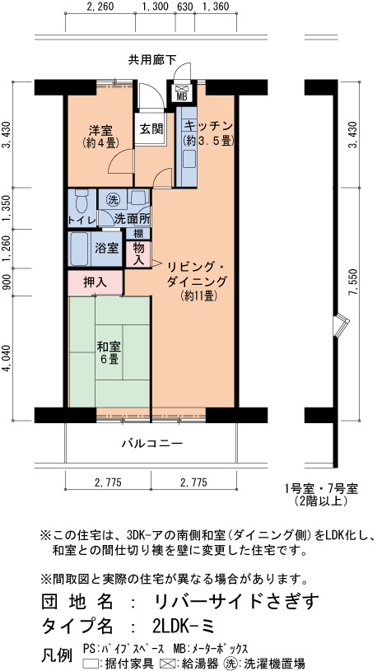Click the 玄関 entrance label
(150, 128)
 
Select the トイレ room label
(82, 221)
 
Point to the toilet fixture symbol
(81, 200)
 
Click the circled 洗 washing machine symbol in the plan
(112, 199)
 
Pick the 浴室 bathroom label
(107, 249)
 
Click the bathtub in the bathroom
(79, 249)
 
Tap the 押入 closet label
(95, 282)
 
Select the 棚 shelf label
(137, 234)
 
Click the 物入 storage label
(138, 254)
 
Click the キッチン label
(208, 126)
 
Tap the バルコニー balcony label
(152, 443)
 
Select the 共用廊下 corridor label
(152, 60)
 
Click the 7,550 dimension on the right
(353, 283)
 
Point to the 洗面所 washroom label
(132, 219)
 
